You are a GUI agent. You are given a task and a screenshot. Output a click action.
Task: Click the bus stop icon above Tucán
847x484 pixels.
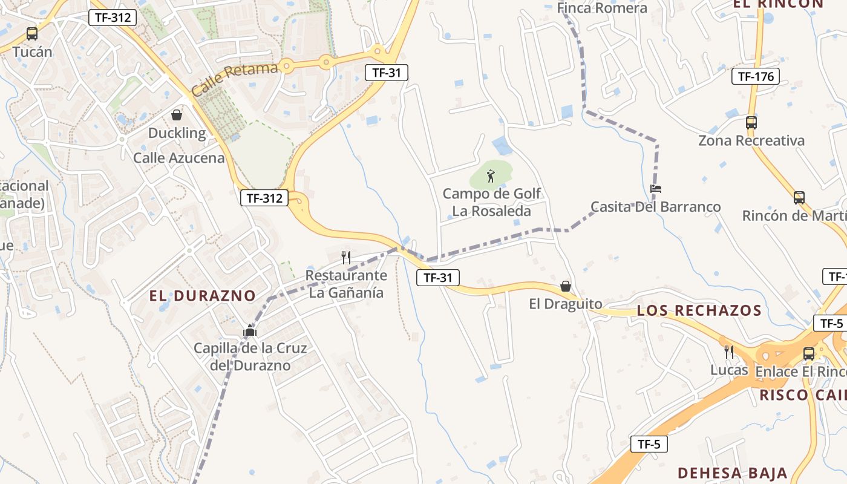(32, 34)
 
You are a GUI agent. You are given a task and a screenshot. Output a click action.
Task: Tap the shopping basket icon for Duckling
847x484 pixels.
(177, 115)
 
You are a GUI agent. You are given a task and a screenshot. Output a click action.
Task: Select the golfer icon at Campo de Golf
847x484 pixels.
(491, 176)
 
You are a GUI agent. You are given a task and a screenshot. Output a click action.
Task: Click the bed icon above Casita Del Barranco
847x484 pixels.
(656, 189)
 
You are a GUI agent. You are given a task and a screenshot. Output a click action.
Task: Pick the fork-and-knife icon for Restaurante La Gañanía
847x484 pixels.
(346, 258)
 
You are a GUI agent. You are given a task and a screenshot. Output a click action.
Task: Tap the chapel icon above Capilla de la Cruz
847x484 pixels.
(250, 331)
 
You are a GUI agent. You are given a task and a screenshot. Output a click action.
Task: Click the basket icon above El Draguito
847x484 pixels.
(566, 286)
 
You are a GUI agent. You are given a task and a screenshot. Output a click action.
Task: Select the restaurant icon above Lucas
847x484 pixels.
(729, 352)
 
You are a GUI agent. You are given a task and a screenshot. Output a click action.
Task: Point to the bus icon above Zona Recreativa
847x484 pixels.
(751, 122)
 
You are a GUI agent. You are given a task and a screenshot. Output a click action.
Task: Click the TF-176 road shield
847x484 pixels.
(755, 76)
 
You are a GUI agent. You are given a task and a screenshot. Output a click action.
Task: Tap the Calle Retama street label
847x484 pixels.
(235, 79)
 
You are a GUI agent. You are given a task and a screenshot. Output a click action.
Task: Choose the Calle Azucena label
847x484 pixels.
(178, 159)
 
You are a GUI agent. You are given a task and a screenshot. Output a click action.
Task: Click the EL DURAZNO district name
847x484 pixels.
(203, 296)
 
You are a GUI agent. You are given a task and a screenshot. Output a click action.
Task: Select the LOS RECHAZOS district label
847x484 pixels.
(699, 311)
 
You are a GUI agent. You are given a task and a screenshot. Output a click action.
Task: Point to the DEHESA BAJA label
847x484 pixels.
(732, 473)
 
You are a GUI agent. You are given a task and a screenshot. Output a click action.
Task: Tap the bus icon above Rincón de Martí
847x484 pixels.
(799, 198)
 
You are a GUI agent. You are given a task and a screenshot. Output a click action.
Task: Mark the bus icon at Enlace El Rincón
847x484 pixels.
(809, 354)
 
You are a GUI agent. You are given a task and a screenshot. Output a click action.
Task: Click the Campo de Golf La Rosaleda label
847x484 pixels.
(492, 203)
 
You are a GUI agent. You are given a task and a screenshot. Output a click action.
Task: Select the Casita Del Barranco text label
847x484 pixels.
(656, 207)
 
